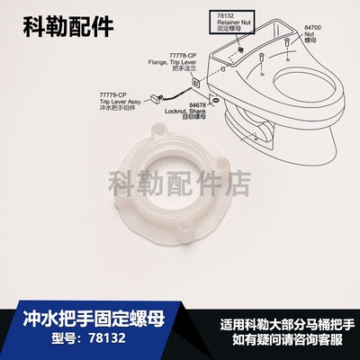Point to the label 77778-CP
click(168, 55)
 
